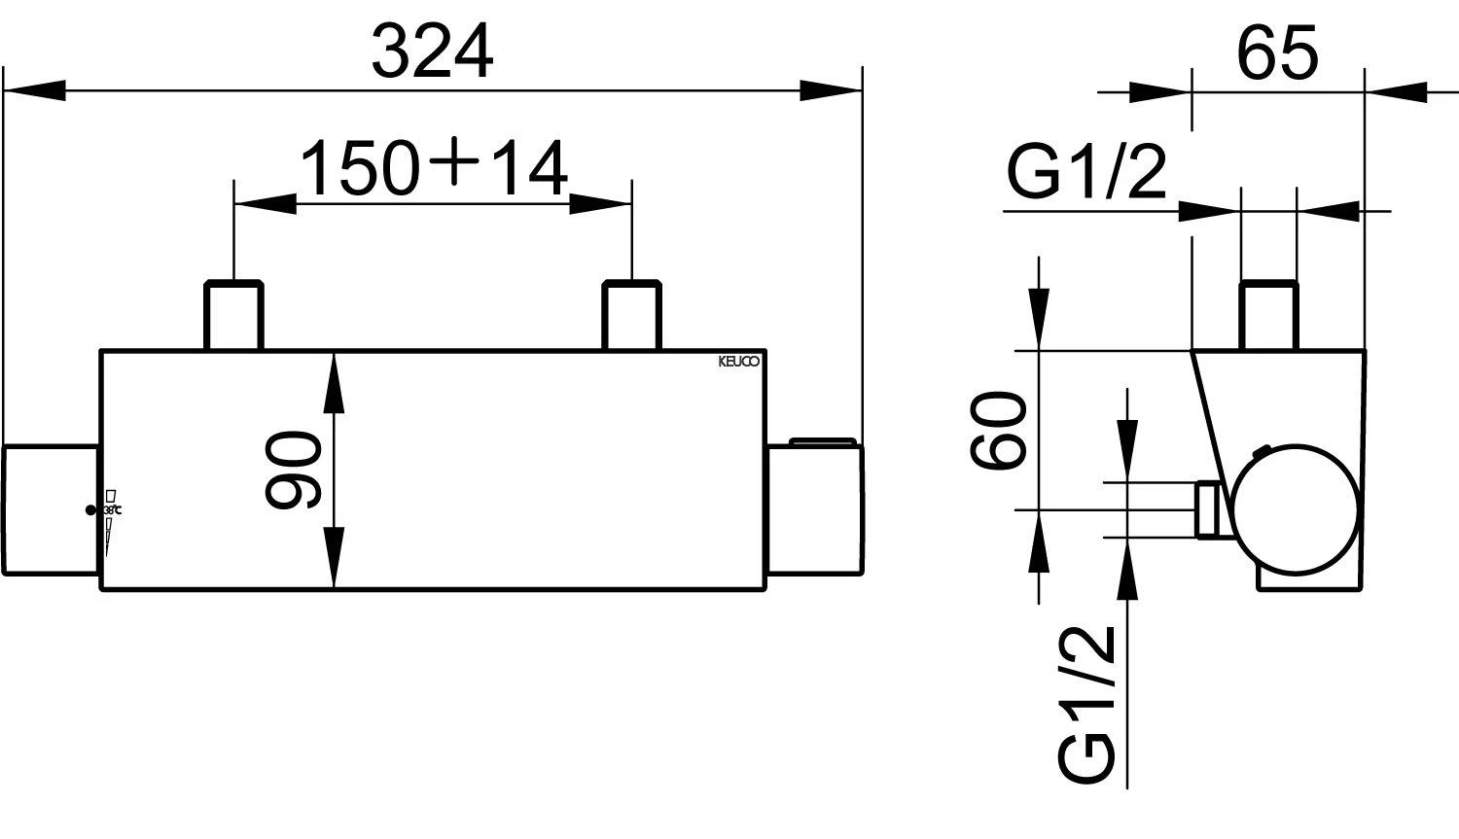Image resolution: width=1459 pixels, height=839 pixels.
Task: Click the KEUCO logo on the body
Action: pyautogui.click(x=739, y=362)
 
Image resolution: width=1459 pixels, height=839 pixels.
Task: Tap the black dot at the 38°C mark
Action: pyautogui.click(x=90, y=509)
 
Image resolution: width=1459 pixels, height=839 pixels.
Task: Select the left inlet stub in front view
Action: pyautogui.click(x=233, y=315)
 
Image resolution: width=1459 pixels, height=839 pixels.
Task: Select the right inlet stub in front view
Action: pyautogui.click(x=632, y=315)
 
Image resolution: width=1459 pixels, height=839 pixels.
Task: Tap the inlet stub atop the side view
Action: pyautogui.click(x=1269, y=315)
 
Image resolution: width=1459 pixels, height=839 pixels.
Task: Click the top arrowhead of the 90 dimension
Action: pyautogui.click(x=334, y=374)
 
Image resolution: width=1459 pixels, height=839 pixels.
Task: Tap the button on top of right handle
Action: pyautogui.click(x=823, y=442)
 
